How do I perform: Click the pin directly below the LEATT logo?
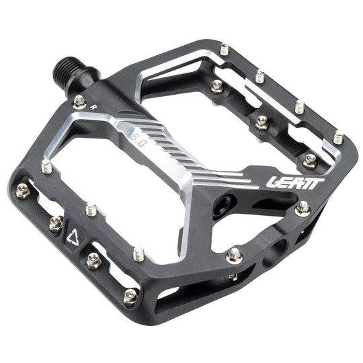pyautogui.click(x=303, y=207)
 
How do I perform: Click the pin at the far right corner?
pyautogui.click(x=338, y=138)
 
